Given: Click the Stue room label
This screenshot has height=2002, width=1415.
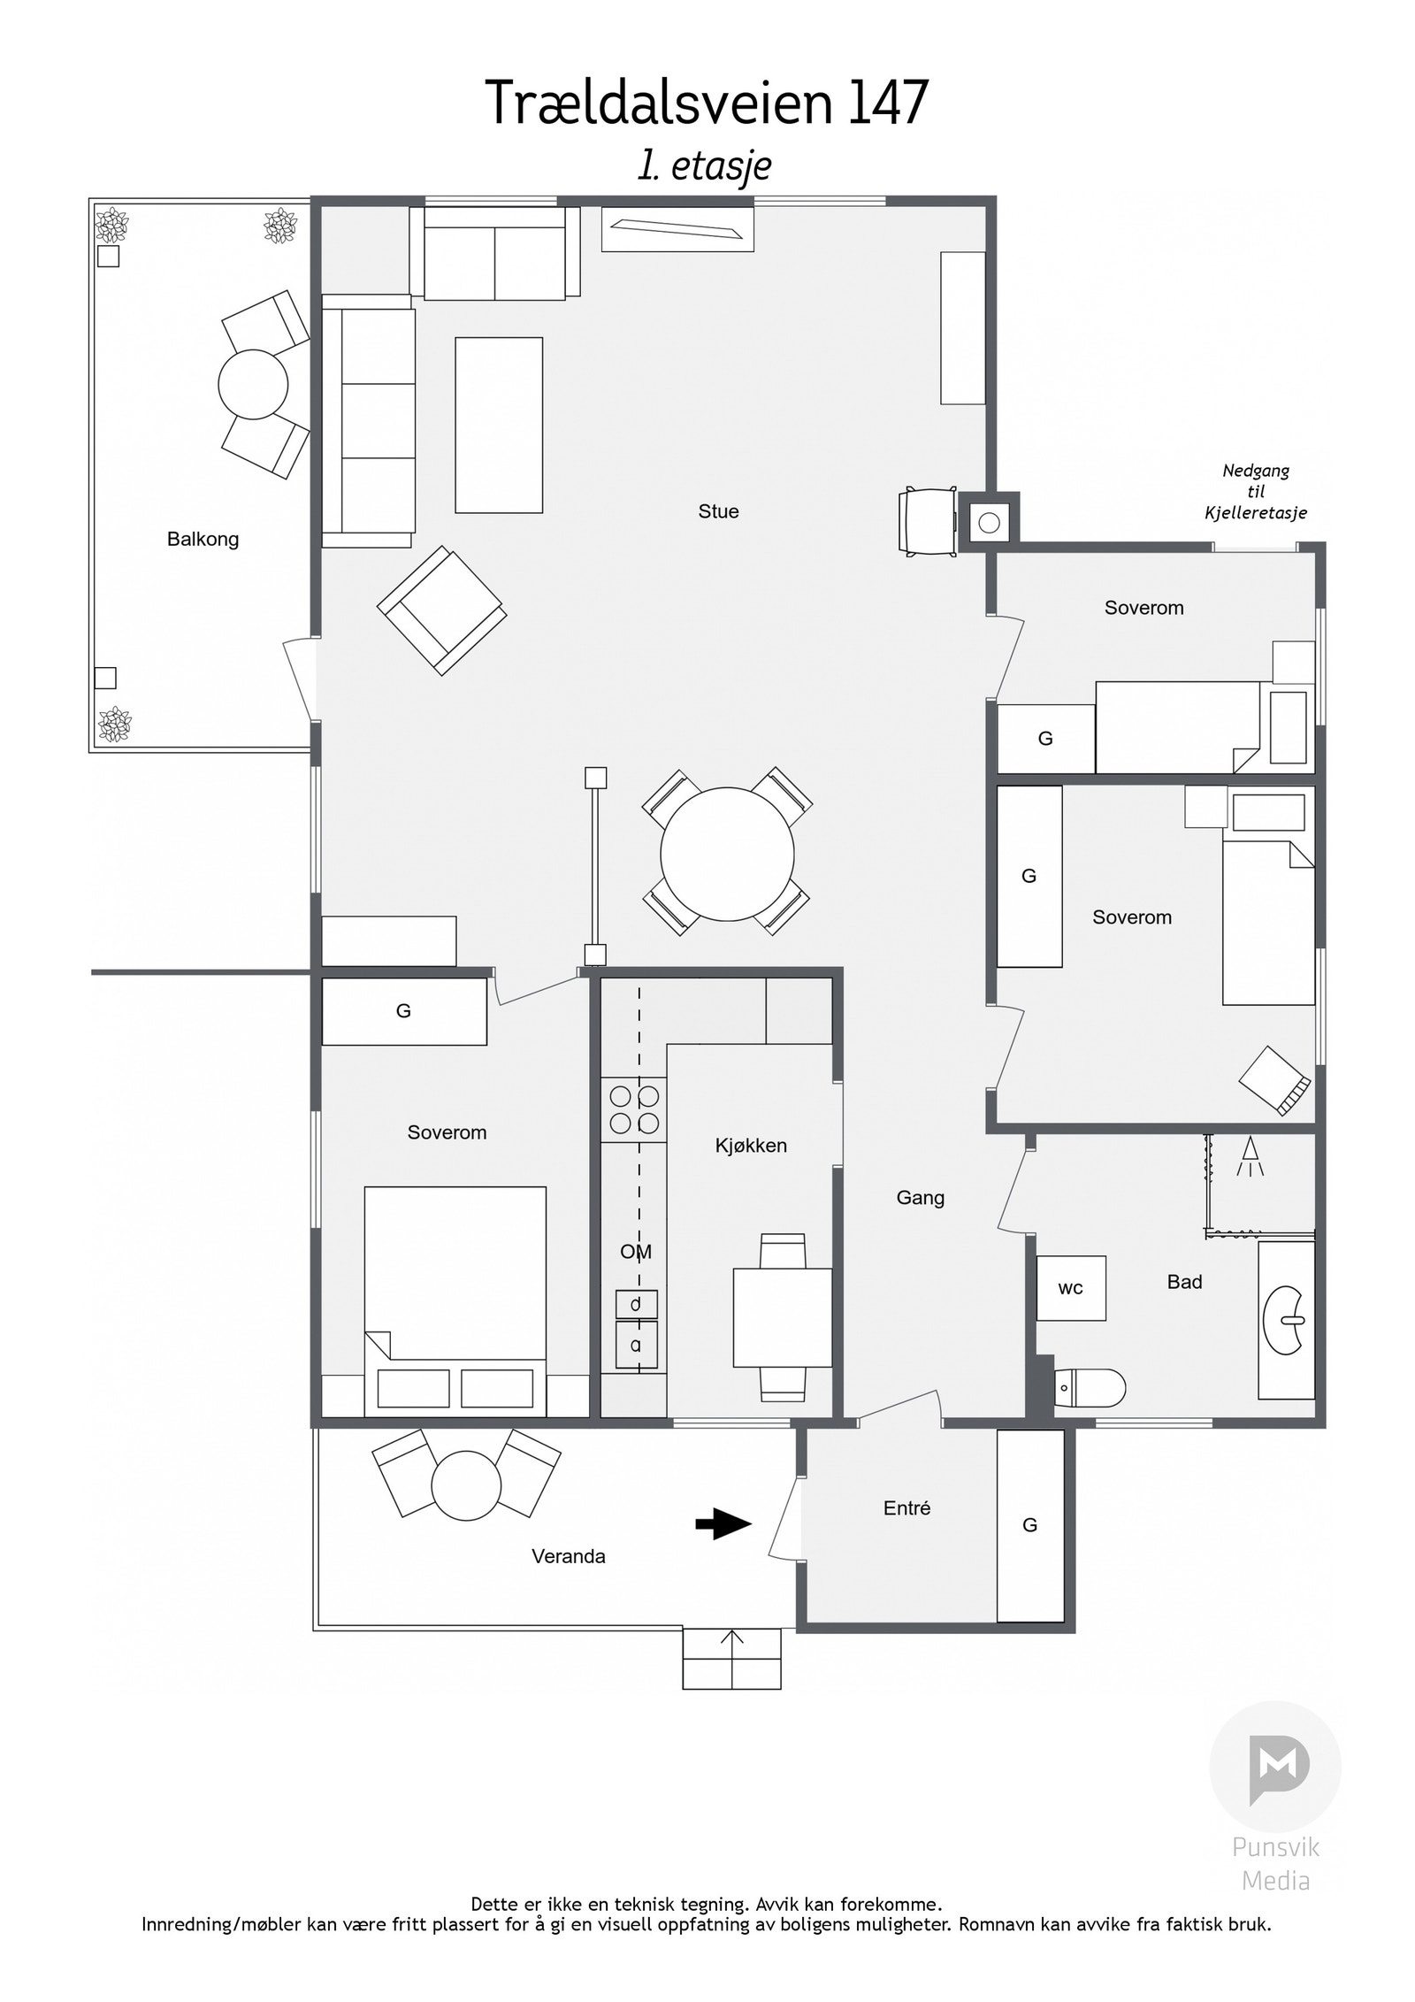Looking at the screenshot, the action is (718, 511).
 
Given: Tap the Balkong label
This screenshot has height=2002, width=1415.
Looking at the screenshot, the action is (203, 539).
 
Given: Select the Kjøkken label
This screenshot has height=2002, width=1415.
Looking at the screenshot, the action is (751, 1146).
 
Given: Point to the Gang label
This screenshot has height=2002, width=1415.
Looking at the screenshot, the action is (921, 1198).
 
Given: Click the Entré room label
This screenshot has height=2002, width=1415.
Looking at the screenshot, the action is (906, 1508).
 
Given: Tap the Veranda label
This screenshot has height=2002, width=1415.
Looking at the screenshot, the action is (569, 1557).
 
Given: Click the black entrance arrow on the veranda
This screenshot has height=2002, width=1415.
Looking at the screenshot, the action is (723, 1524).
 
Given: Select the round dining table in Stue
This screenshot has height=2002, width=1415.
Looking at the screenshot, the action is (727, 854).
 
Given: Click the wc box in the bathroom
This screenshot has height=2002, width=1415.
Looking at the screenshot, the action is (1071, 1288).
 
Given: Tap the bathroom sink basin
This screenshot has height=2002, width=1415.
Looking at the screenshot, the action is (1285, 1320).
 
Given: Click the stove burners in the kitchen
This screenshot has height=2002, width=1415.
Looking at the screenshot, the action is (634, 1109).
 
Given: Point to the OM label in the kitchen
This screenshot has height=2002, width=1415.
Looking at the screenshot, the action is (636, 1252).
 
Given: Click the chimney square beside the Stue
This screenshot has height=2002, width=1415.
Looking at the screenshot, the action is (989, 523).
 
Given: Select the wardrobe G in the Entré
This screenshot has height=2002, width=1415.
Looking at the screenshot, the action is (1030, 1525).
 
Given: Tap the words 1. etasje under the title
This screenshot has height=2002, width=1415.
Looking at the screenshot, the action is (705, 166).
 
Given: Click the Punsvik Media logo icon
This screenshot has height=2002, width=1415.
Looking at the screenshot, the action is (1275, 1767).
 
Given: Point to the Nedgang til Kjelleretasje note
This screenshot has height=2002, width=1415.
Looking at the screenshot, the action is (1256, 492).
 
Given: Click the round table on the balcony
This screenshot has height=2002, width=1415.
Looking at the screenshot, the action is (253, 385).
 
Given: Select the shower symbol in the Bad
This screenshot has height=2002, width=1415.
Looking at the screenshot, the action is (1251, 1159).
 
